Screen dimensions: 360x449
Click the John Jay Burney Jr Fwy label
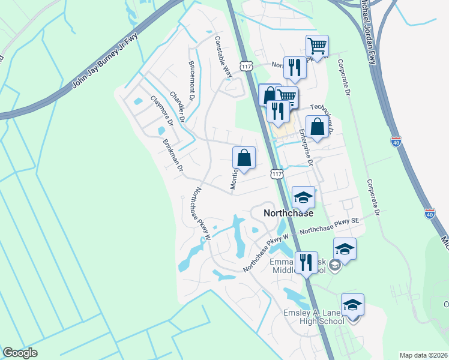tap(106, 61)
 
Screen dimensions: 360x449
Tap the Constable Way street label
tap(223, 57)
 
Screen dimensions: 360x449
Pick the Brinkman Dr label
tap(172, 155)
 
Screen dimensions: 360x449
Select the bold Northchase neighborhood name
tap(288, 213)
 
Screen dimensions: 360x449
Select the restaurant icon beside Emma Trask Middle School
tap(306, 262)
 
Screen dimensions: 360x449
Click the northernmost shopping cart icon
tap(316, 46)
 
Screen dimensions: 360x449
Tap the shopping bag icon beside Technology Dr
tap(317, 127)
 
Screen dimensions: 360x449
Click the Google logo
tap(19, 353)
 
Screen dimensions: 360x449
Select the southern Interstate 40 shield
tap(429, 213)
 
